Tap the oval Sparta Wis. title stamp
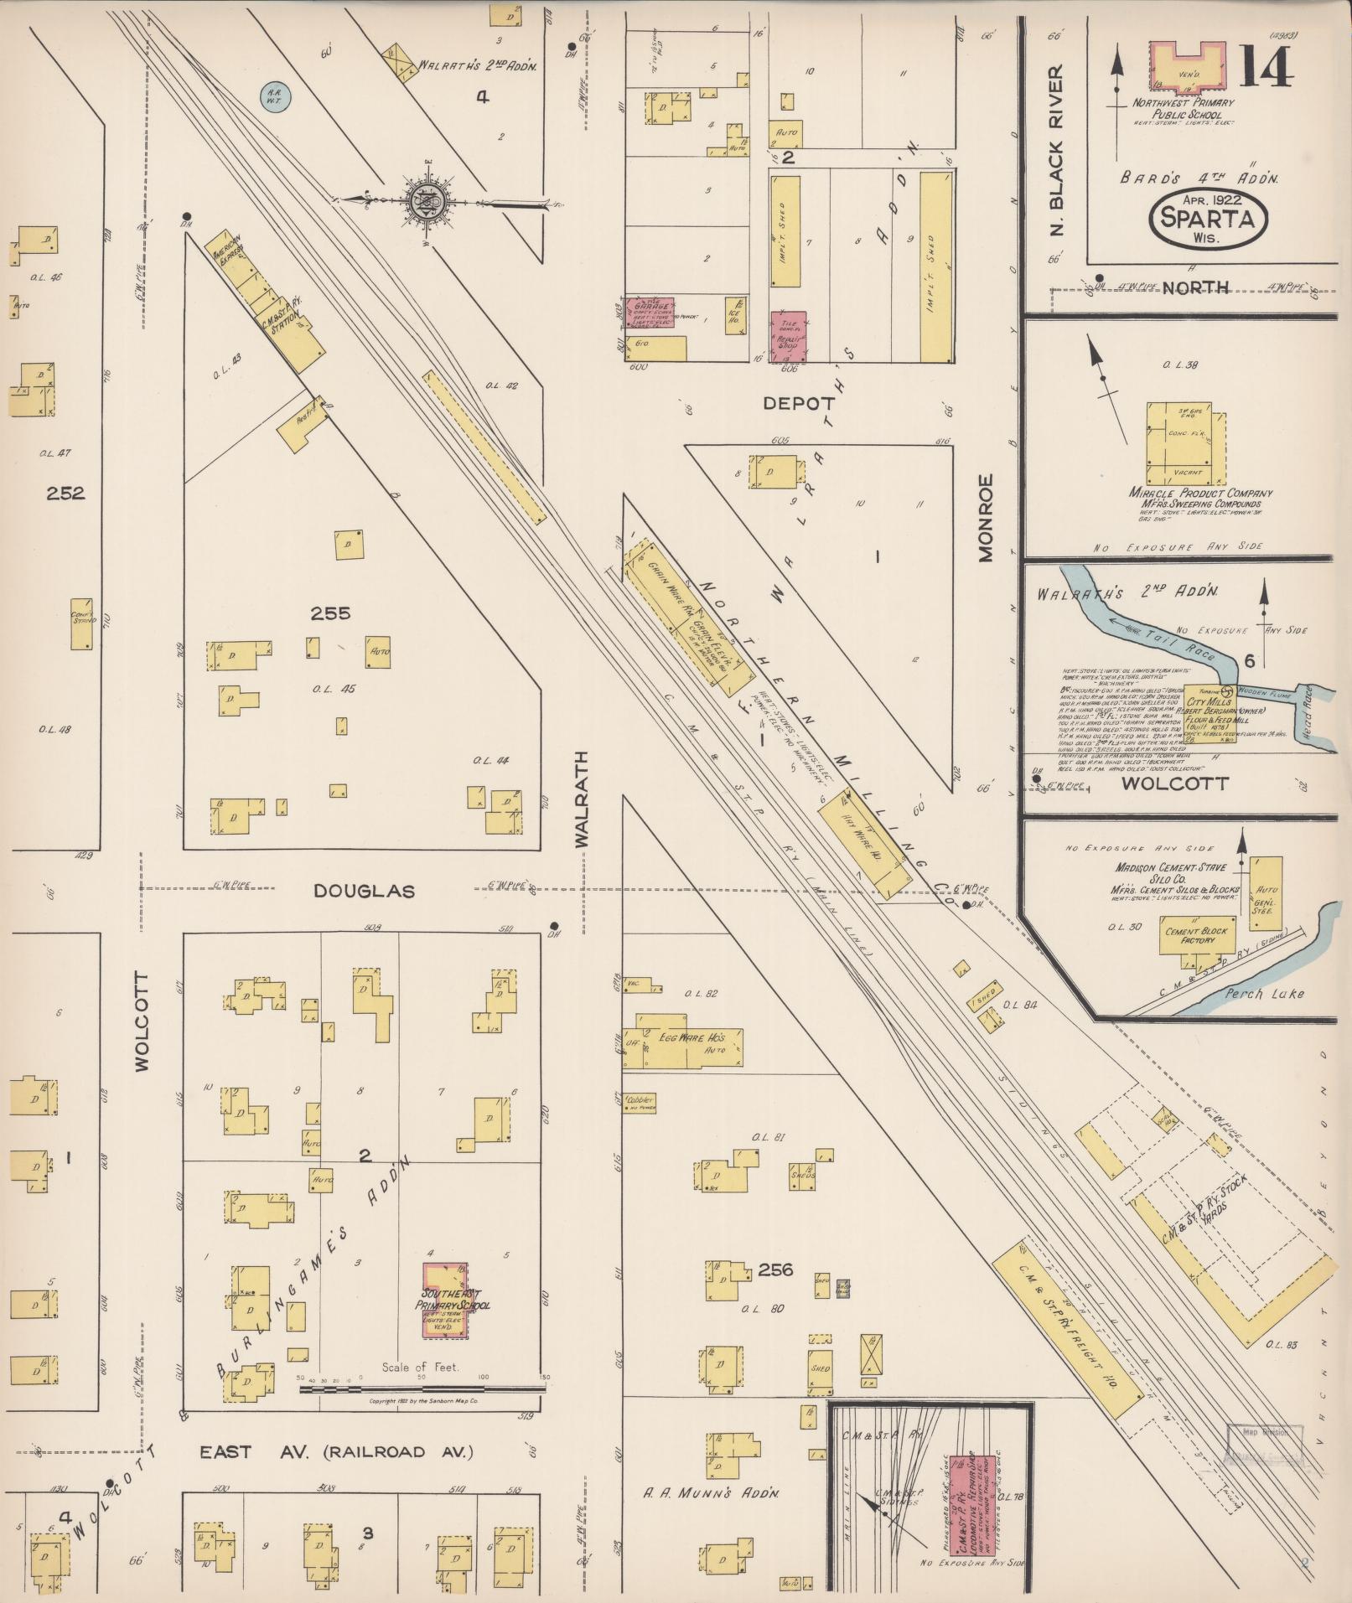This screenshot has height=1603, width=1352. (1207, 217)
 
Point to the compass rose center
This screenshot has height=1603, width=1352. (426, 201)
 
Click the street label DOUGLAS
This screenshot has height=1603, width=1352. (364, 892)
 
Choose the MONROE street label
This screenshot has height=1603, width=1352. (985, 517)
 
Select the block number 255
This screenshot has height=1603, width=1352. (330, 613)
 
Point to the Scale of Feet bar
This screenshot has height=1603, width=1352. (422, 1388)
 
